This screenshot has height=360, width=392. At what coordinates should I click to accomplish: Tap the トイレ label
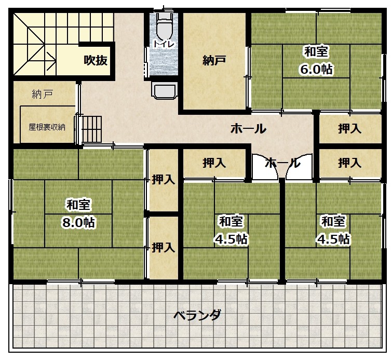coord(164,44)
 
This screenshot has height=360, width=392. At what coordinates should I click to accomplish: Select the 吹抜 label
coord(96,60)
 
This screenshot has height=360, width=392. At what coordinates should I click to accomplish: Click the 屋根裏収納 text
coord(47,127)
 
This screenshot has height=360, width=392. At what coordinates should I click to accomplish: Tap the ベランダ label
coord(197,315)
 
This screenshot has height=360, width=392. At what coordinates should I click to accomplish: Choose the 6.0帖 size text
coord(316,69)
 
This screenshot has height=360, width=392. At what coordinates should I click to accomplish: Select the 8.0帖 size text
coord(78,222)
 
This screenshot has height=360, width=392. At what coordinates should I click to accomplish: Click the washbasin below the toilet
coord(165,91)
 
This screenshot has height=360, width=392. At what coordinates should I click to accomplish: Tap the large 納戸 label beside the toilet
coord(214,60)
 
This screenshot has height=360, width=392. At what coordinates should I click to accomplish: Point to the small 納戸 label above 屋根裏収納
coord(42,95)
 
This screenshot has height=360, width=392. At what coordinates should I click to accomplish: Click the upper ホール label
coord(248,129)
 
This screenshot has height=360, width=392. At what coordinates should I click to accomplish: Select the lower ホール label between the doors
coord(282,163)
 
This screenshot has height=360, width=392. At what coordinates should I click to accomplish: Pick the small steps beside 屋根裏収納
coord(91,129)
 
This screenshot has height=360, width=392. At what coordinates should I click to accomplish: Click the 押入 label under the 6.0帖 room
coord(350,129)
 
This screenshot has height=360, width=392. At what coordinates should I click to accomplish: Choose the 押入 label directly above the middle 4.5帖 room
coord(214,163)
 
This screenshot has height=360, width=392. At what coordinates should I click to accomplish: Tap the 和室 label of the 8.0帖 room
coord(78,205)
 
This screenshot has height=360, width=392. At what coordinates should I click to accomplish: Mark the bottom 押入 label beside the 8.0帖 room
coord(163,248)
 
